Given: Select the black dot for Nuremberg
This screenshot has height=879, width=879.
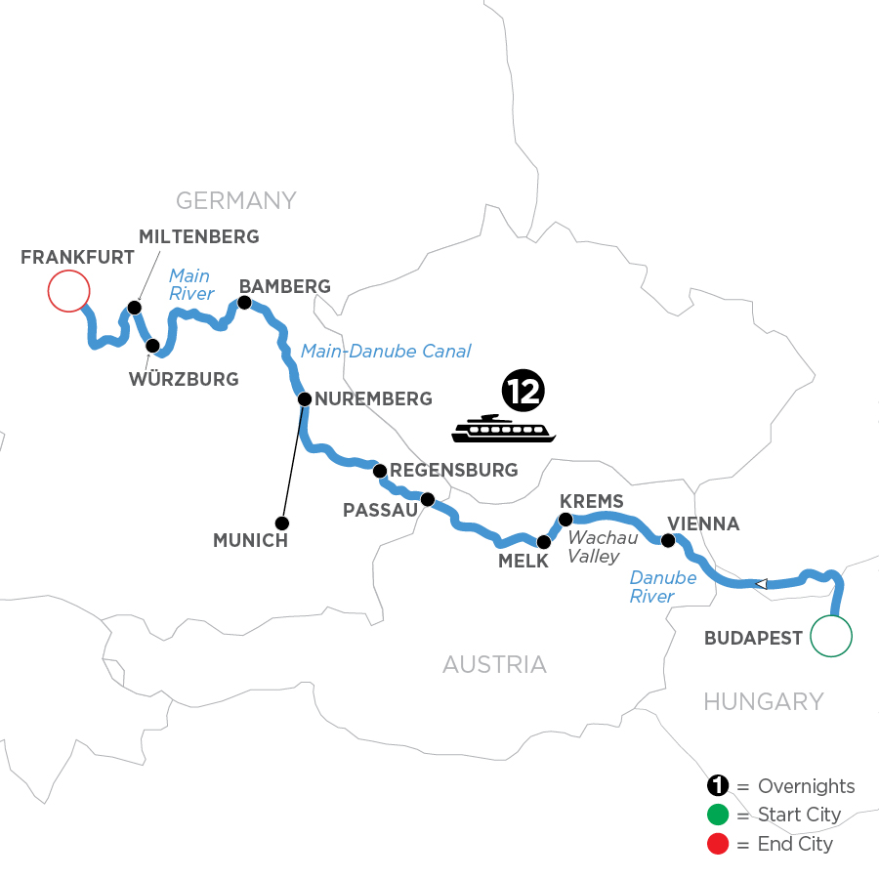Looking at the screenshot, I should pyautogui.click(x=305, y=398).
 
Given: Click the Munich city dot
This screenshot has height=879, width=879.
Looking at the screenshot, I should pyautogui.click(x=282, y=521).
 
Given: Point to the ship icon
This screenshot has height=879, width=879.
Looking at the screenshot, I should pyautogui.click(x=504, y=429).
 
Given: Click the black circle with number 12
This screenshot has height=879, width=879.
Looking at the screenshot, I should pyautogui.click(x=523, y=391).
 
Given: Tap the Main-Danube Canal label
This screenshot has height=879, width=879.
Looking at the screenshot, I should pyautogui.click(x=386, y=351).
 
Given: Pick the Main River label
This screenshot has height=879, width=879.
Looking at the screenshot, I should pyautogui.click(x=191, y=283).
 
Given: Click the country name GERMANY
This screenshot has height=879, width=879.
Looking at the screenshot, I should pyautogui.click(x=235, y=201).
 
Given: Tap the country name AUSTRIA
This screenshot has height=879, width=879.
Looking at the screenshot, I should pyautogui.click(x=494, y=665).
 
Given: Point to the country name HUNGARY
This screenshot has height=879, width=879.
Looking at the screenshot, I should pyautogui.click(x=765, y=701).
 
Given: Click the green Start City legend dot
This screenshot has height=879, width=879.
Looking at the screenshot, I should pyautogui.click(x=718, y=816).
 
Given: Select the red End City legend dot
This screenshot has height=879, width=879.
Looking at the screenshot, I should pyautogui.click(x=718, y=843).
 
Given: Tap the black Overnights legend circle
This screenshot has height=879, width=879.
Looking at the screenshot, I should pyautogui.click(x=718, y=787).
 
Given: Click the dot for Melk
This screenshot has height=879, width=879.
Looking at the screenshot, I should pyautogui.click(x=544, y=541).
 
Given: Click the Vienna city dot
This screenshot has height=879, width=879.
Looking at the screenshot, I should pyautogui.click(x=668, y=540).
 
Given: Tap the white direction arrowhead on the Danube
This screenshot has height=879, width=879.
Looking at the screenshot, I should pyautogui.click(x=761, y=584).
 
